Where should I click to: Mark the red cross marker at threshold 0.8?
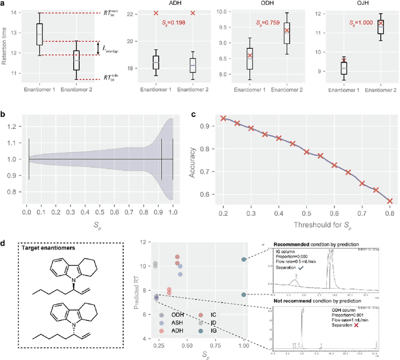[389, 201]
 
